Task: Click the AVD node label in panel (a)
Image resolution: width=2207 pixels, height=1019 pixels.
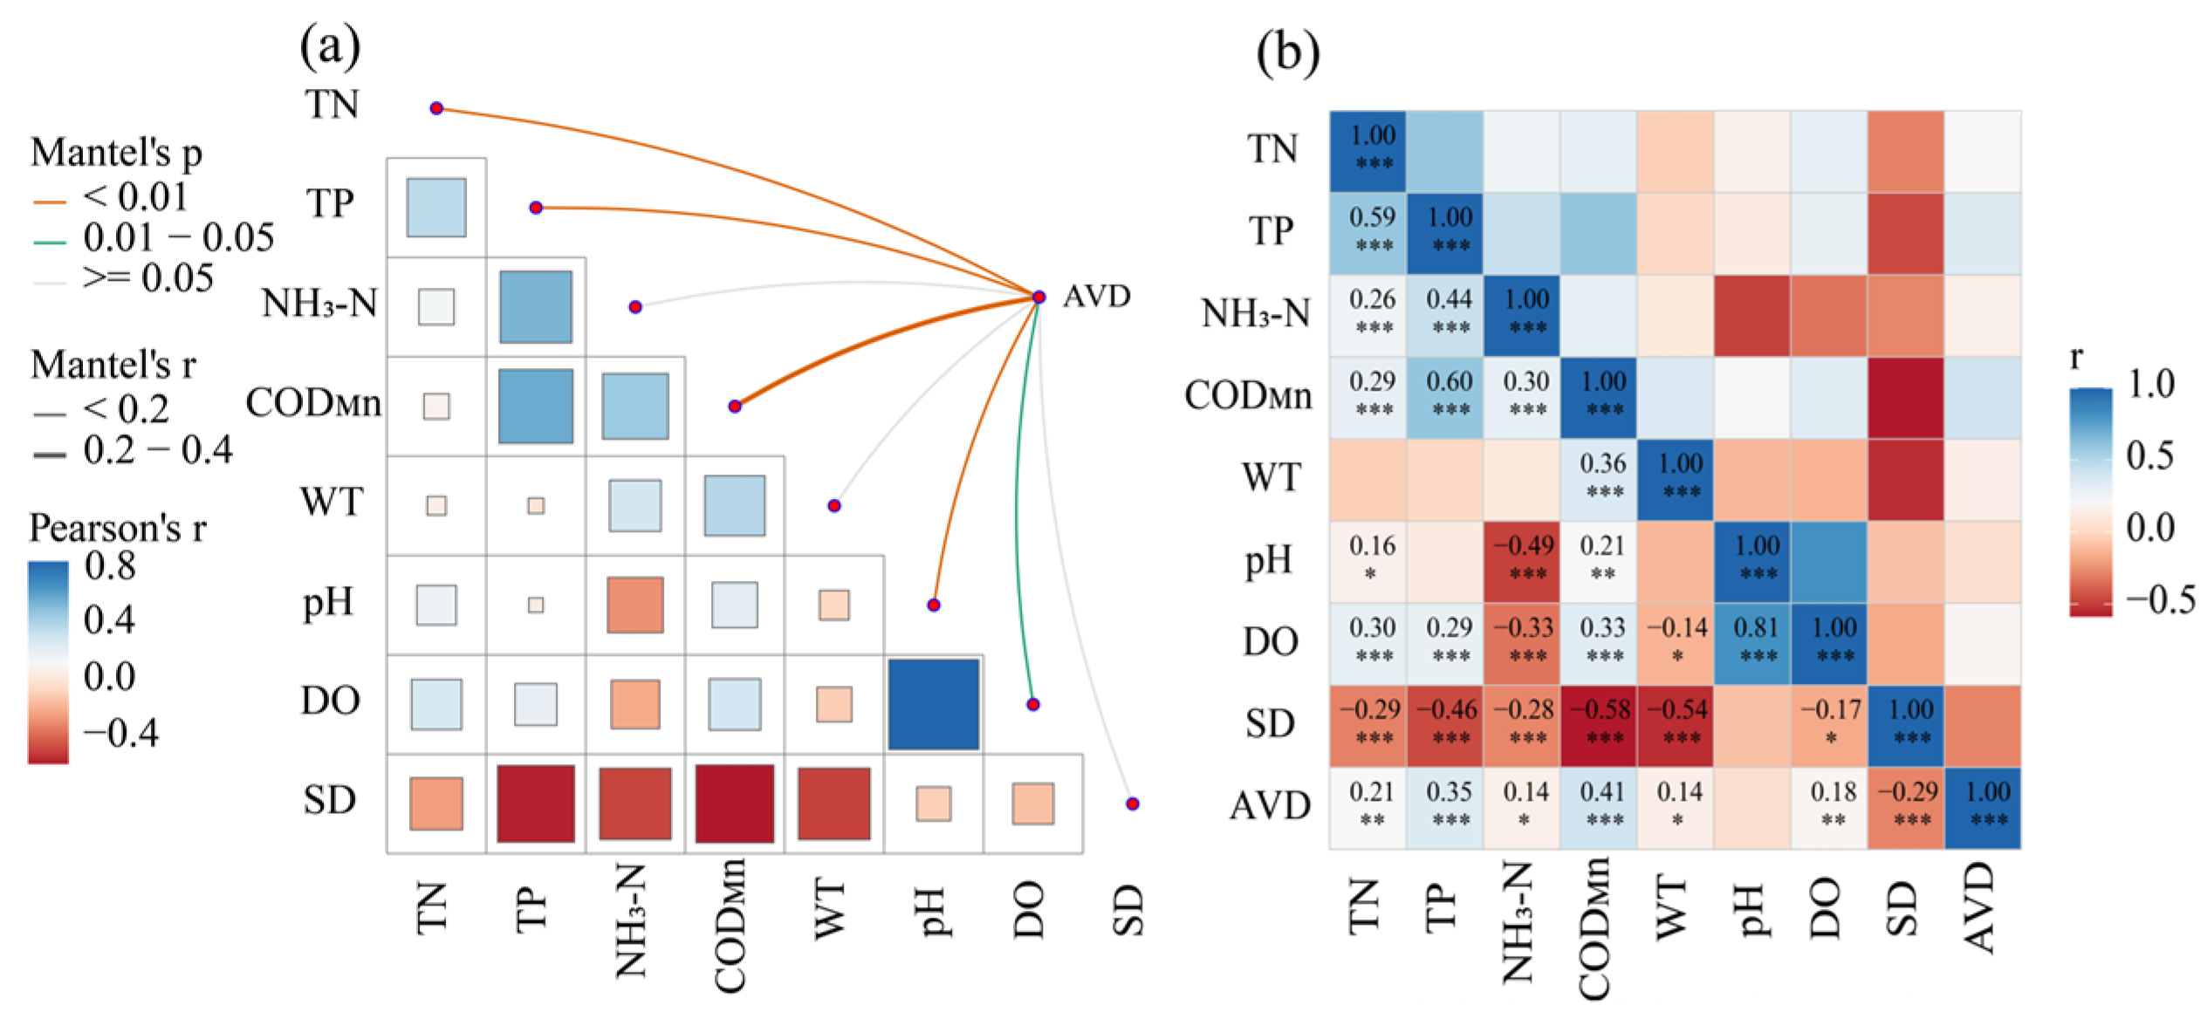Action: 1096,297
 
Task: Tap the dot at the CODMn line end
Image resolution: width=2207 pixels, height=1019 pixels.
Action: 735,406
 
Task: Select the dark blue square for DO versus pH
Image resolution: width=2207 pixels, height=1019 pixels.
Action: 933,704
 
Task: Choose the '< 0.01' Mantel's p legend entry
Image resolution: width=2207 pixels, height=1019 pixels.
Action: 134,197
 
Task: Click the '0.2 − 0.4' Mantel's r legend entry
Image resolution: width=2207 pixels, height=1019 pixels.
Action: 157,450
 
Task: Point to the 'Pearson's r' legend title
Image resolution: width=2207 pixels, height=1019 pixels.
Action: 118,528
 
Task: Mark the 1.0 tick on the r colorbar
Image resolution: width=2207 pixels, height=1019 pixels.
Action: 2151,384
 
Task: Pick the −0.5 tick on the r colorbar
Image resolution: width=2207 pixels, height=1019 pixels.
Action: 2160,599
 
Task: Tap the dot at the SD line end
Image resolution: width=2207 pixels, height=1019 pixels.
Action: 1132,804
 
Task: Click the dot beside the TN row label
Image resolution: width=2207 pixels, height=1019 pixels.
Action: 436,108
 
